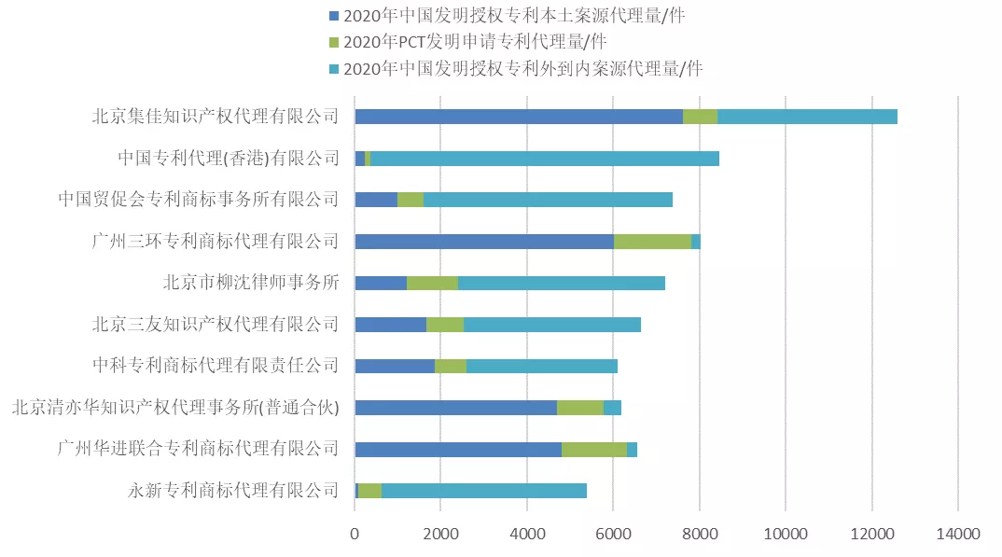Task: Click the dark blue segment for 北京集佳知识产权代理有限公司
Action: click(x=518, y=117)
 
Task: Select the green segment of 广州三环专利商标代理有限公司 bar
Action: click(x=652, y=242)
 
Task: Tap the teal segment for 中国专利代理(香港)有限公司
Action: click(x=544, y=159)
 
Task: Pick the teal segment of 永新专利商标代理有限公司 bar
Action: click(x=483, y=491)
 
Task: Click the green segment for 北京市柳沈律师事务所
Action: click(x=432, y=283)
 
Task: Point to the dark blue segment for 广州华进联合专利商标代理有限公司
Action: click(x=458, y=450)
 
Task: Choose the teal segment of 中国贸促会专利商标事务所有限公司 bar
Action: click(x=548, y=200)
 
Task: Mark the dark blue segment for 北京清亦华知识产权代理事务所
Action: click(x=455, y=408)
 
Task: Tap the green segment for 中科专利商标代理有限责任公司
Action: click(x=450, y=367)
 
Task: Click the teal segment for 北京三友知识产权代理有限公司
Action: click(x=551, y=325)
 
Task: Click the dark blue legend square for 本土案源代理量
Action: click(x=334, y=16)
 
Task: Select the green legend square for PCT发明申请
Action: click(x=334, y=42)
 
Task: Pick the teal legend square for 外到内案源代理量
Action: click(x=334, y=68)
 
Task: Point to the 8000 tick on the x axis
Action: click(x=699, y=534)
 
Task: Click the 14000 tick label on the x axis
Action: click(x=957, y=534)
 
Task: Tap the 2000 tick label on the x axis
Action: click(x=440, y=534)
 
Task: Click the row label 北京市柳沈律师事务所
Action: click(x=251, y=283)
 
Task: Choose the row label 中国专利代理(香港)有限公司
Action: click(x=229, y=159)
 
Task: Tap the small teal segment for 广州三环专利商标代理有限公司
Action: click(x=696, y=242)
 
